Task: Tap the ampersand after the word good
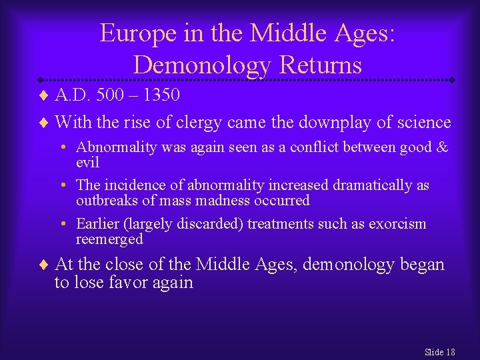click(441, 147)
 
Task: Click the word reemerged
click(109, 239)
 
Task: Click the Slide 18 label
click(439, 352)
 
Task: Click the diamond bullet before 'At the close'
click(45, 265)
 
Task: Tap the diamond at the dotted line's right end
click(451, 79)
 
